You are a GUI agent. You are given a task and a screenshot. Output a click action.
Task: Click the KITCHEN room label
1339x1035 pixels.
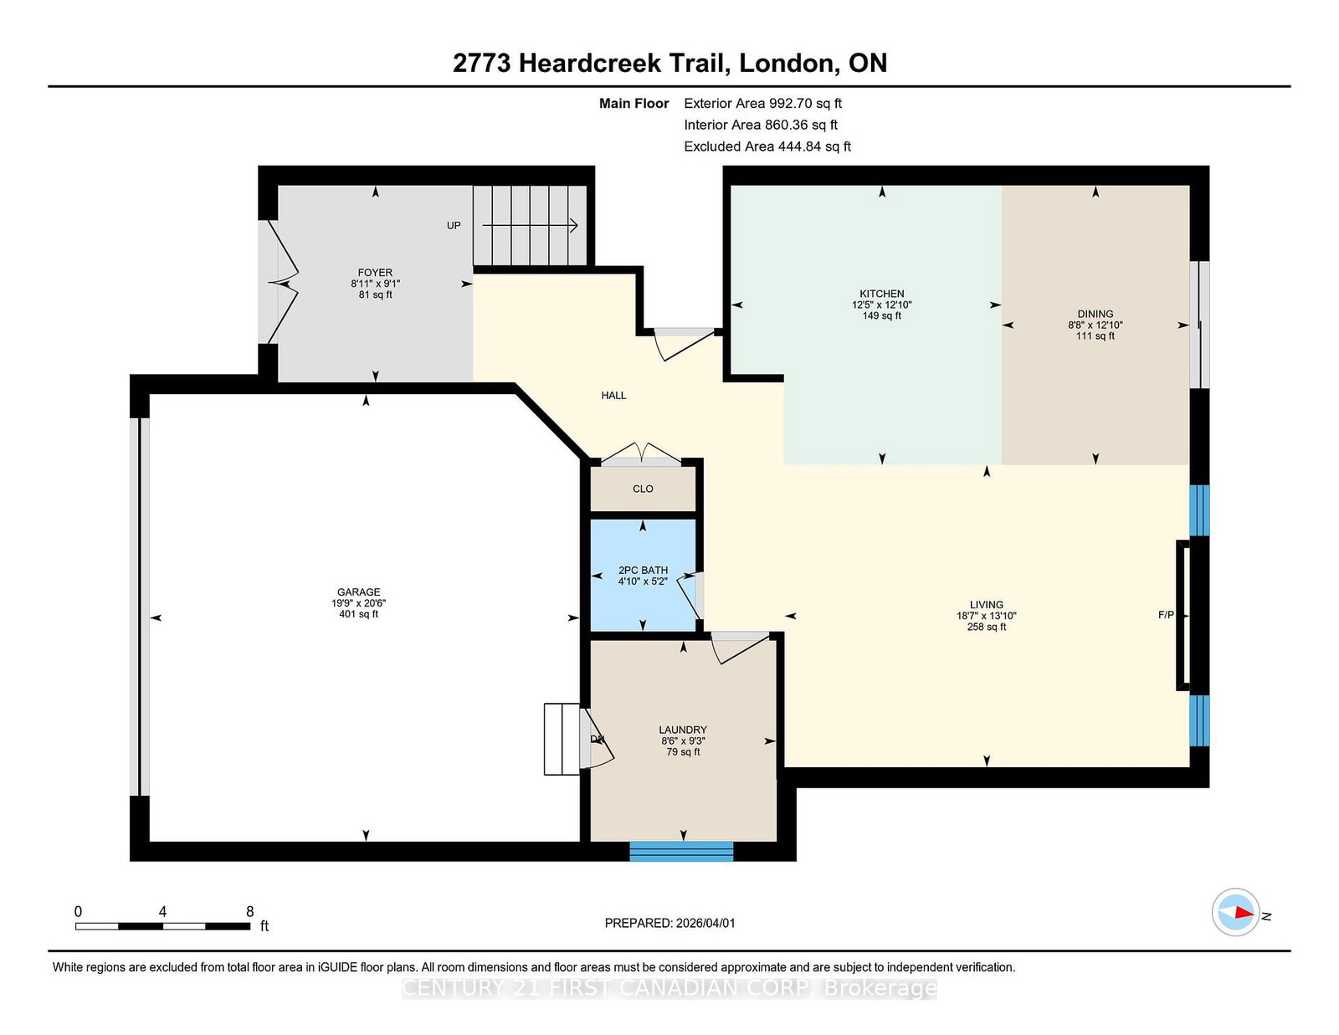tap(881, 294)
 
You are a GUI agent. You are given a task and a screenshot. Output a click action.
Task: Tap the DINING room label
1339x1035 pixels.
tap(1095, 314)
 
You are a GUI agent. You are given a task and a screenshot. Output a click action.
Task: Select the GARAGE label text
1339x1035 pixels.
tap(358, 592)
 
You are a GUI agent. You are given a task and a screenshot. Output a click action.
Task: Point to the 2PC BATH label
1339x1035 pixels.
tap(643, 571)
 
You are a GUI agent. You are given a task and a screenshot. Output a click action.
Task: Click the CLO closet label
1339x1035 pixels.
tap(643, 489)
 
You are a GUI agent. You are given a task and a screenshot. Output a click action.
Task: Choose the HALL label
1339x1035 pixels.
tap(613, 395)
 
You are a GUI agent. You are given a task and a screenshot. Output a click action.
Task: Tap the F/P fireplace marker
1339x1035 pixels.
tap(1166, 615)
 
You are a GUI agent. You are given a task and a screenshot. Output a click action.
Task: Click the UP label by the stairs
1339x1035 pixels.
tap(454, 225)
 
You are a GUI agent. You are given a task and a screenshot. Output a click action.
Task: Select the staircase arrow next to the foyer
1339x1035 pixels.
tap(531, 225)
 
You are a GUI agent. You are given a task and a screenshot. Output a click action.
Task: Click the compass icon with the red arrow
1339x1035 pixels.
tap(1236, 912)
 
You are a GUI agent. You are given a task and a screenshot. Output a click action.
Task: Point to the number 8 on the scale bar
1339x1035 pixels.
tap(249, 911)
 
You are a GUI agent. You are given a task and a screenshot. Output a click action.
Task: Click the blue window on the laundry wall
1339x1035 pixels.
tap(681, 852)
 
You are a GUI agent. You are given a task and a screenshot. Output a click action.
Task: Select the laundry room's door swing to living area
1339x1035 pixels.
tap(740, 647)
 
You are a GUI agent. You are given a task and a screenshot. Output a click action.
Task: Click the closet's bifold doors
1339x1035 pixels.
tap(641, 454)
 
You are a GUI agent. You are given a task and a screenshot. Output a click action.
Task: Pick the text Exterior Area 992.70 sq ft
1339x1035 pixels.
tap(762, 104)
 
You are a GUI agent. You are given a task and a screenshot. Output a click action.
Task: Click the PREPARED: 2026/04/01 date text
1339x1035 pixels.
tap(669, 923)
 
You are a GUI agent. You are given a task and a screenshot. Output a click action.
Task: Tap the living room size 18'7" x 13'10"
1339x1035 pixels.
tap(987, 616)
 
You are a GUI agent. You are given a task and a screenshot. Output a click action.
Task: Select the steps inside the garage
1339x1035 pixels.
tap(562, 739)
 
